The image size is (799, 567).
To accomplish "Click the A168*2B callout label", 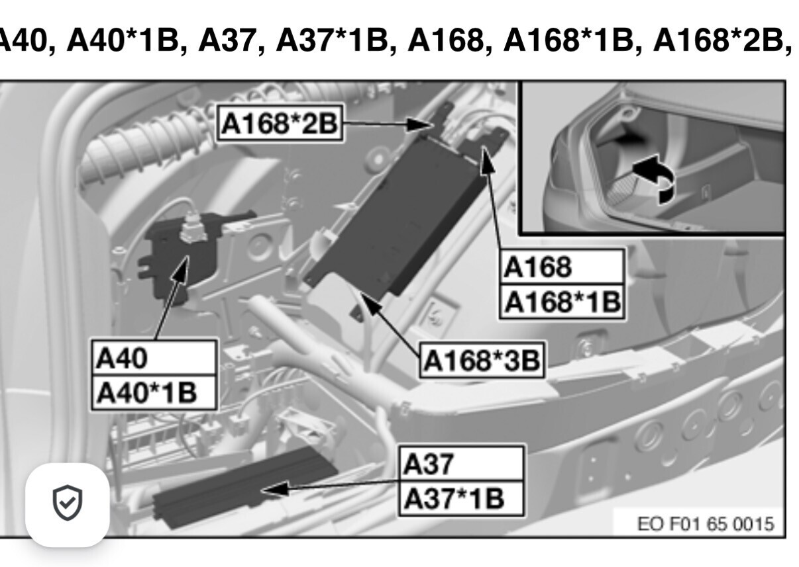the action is pyautogui.click(x=280, y=123).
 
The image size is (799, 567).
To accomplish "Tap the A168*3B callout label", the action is pyautogui.click(x=482, y=360).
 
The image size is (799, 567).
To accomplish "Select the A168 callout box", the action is pyautogui.click(x=562, y=267).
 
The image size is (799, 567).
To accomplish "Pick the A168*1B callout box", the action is pyautogui.click(x=562, y=302).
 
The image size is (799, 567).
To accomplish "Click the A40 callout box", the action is pyautogui.click(x=154, y=357).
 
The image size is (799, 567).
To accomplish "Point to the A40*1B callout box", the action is pyautogui.click(x=154, y=392).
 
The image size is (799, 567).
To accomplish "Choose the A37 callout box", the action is pyautogui.click(x=462, y=463).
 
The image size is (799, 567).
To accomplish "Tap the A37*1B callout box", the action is pyautogui.click(x=462, y=498).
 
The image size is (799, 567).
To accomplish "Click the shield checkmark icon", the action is pyautogui.click(x=68, y=503).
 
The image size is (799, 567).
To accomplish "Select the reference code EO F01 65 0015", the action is pyautogui.click(x=706, y=524).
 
